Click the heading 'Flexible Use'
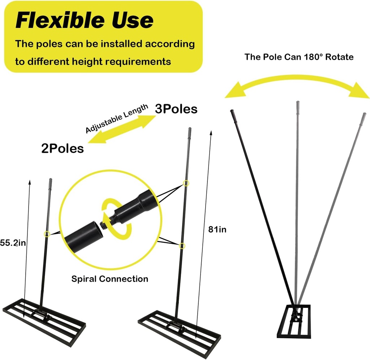pyautogui.click(x=84, y=21)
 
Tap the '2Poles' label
pyautogui.click(x=62, y=148)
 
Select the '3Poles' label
pyautogui.click(x=176, y=109)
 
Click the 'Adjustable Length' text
pyautogui.click(x=116, y=119)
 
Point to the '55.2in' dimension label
pyautogui.click(x=13, y=243)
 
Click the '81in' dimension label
pyautogui.click(x=217, y=229)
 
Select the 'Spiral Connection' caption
pyautogui.click(x=109, y=279)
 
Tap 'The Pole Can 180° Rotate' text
pyautogui.click(x=299, y=57)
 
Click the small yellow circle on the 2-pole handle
pyautogui.click(x=47, y=234)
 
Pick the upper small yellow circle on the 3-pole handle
pyautogui.click(x=186, y=183)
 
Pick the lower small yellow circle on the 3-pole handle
pyautogui.click(x=182, y=246)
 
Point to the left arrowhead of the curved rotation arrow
pyautogui.click(x=232, y=90)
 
